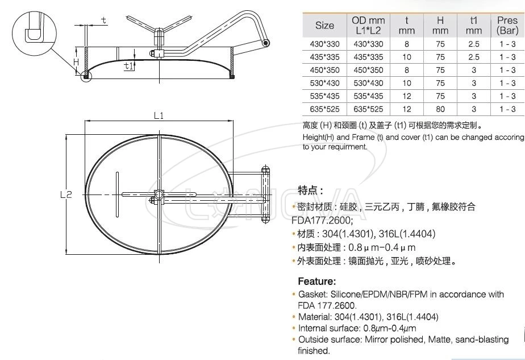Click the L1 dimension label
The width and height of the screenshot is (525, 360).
[159, 116]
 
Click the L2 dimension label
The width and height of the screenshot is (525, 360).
[66, 194]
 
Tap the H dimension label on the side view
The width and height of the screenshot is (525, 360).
[76, 61]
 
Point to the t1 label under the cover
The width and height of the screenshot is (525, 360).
[129, 66]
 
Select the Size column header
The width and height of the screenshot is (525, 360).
[324, 26]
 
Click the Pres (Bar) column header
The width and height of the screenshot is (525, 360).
[507, 26]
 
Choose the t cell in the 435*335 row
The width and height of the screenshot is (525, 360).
[407, 57]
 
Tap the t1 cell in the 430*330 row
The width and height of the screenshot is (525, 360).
[474, 44]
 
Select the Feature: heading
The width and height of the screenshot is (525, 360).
[317, 281]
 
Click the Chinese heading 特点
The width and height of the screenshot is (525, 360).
[310, 190]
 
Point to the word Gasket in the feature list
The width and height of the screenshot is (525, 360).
[311, 295]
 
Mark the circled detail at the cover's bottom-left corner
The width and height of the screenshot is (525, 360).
[86, 75]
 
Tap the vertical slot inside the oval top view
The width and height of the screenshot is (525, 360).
[116, 193]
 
